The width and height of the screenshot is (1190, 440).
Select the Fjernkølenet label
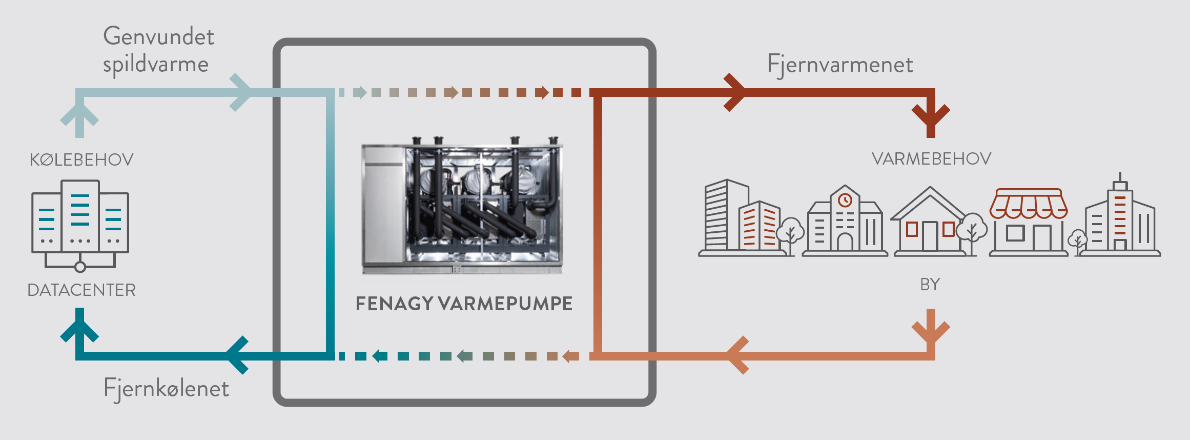click(166, 388)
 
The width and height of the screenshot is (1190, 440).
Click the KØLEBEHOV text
click(81, 160)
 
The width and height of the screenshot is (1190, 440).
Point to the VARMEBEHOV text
click(931, 159)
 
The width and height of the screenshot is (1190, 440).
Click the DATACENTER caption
click(81, 290)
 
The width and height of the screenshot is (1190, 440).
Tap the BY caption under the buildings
click(930, 285)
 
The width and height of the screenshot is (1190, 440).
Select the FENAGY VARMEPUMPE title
click(464, 304)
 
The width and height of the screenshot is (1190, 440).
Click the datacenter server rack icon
click(80, 224)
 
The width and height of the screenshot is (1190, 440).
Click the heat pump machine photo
click(462, 205)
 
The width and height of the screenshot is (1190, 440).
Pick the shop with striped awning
click(1028, 222)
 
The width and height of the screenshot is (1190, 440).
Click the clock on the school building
click(845, 201)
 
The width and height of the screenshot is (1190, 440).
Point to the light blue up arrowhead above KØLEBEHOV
click(79, 114)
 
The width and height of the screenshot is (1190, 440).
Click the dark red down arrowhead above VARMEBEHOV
click(931, 116)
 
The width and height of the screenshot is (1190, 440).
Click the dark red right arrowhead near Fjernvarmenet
click(736, 93)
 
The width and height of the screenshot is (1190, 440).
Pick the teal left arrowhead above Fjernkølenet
click(236, 355)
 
